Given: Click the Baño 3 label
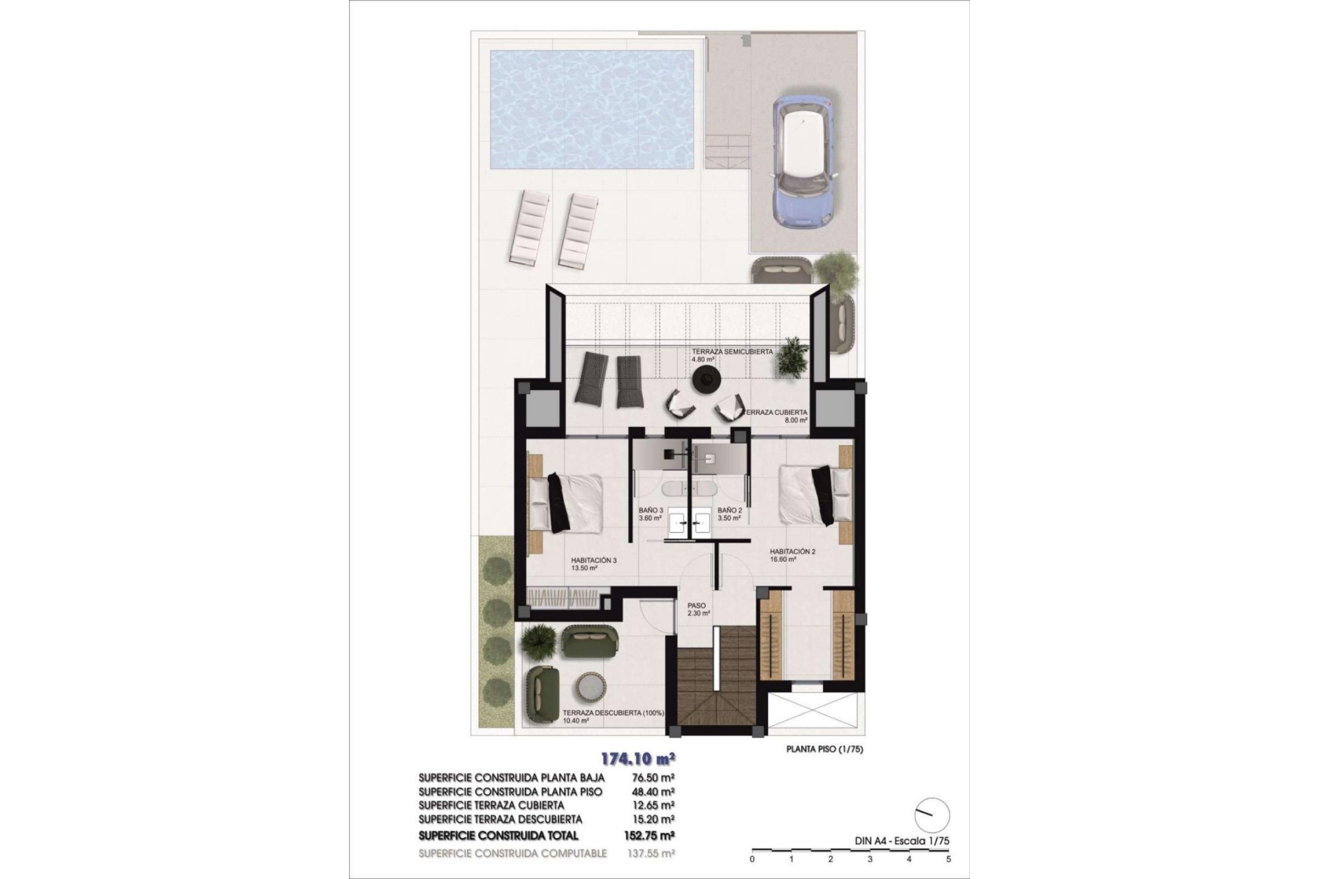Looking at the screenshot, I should coord(170,511).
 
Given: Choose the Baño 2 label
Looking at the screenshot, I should coord(730,511).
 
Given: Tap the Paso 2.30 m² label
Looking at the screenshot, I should coord(698,610).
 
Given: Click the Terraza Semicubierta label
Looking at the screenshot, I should coord(732,352).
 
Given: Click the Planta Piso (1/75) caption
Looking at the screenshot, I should coord(824,750).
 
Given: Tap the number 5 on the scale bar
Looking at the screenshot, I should coord(949,859).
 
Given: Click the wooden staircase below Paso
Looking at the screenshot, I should coord(718,677).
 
